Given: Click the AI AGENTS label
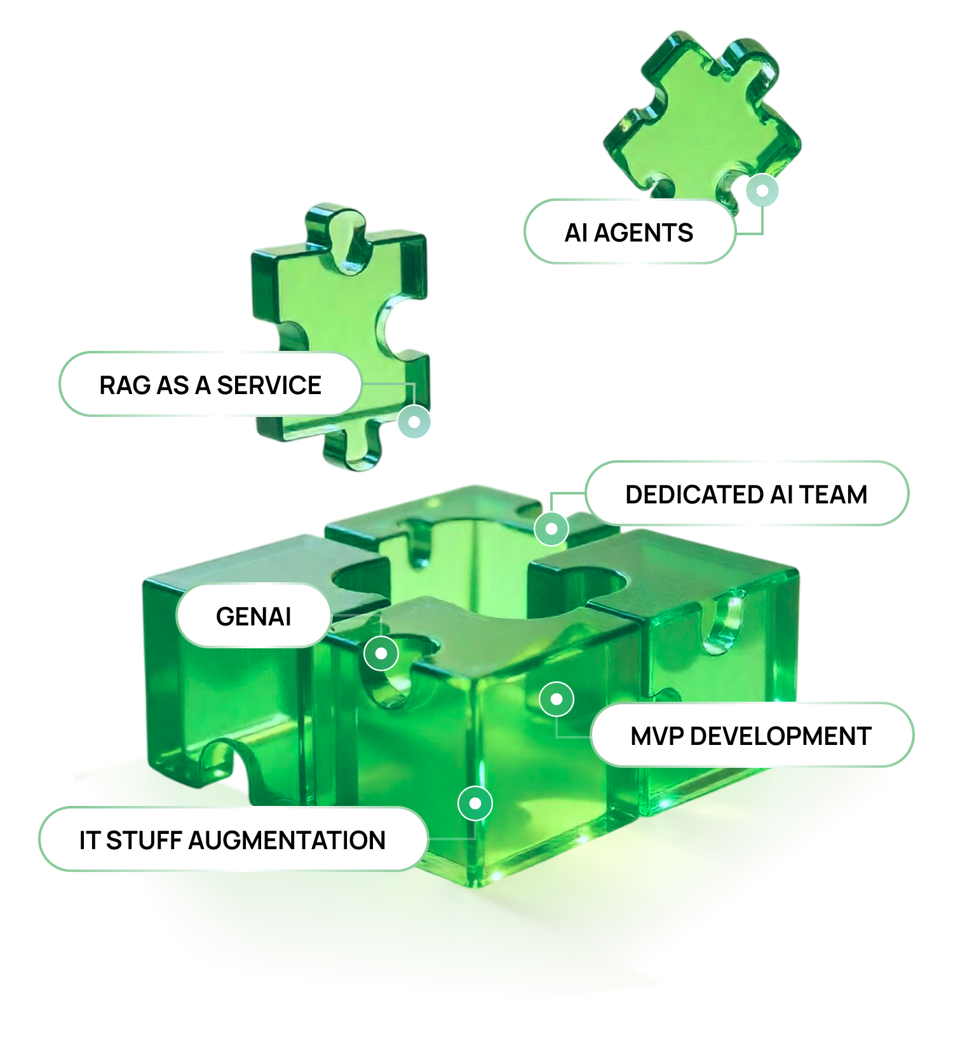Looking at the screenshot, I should [629, 233].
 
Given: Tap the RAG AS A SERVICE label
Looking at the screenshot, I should [210, 385].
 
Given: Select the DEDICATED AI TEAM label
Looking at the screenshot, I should [746, 494].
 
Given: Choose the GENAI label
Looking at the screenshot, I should [253, 617].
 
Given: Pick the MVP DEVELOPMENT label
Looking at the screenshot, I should [750, 736].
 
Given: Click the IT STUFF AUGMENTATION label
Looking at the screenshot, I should [232, 840].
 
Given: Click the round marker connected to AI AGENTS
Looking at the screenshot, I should [762, 190].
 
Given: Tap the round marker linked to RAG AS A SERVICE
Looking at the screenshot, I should [414, 422].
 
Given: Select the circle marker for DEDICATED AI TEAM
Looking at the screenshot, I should [551, 528].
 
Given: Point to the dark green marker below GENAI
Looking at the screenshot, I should [381, 653].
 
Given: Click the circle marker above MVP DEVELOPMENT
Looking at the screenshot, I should [557, 699].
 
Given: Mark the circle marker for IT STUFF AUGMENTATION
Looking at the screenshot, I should [475, 803].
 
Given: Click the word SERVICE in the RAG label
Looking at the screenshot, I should [269, 385].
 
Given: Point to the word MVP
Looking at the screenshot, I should [657, 736].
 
